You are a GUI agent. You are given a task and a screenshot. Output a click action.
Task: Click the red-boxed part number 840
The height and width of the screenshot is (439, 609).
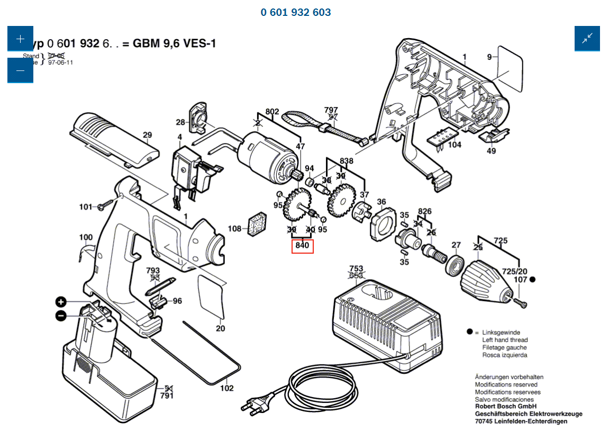click(302, 246)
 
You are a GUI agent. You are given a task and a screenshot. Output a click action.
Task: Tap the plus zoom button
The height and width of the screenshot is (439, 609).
click(20, 39)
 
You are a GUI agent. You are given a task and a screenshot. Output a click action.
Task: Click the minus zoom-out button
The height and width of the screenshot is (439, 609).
click(20, 70)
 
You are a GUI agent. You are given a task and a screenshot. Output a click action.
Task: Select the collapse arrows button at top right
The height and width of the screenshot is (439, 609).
click(587, 39)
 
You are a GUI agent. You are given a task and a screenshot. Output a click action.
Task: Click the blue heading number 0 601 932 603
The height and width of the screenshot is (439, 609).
click(296, 12)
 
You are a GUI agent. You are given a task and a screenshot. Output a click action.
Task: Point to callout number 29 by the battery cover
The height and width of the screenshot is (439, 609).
click(147, 135)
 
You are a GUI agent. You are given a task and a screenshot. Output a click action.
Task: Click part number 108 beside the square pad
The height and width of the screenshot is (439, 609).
click(234, 229)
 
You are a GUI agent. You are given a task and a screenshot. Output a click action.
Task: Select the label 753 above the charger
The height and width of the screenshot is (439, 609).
click(357, 268)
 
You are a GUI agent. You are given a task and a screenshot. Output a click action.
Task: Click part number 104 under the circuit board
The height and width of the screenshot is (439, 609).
click(455, 145)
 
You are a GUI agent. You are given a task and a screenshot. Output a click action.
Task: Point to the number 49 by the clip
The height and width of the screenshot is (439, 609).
click(492, 151)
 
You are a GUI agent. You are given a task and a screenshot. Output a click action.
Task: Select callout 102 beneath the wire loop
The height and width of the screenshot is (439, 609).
click(227, 388)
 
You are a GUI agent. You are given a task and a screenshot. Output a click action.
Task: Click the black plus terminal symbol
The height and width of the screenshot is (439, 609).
click(61, 302)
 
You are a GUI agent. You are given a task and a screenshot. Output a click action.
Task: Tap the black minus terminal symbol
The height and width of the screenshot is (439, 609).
click(61, 316)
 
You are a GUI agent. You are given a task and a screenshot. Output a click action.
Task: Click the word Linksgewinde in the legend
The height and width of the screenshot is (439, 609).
click(501, 332)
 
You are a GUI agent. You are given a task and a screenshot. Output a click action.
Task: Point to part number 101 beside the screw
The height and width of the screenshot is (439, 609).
click(86, 207)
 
